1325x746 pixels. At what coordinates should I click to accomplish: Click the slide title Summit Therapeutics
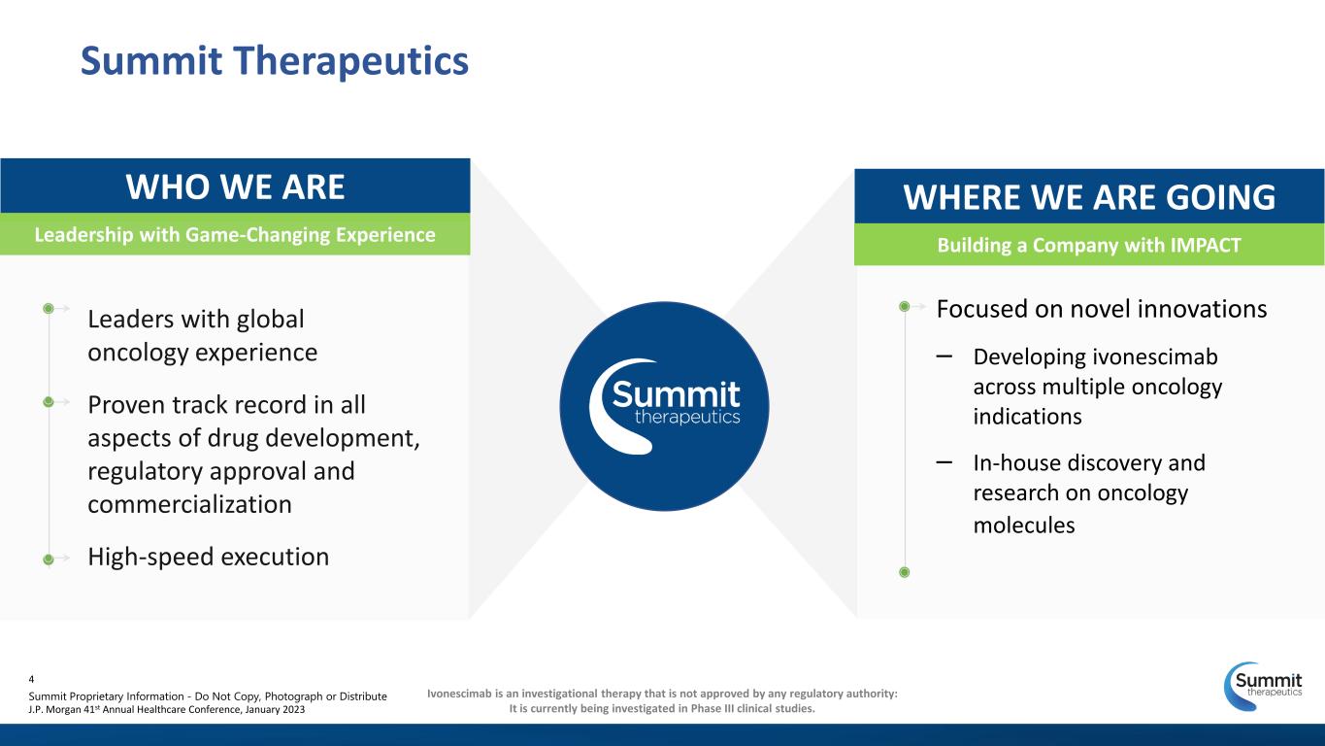pyautogui.click(x=275, y=61)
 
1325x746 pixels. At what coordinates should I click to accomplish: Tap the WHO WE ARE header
pyautogui.click(x=235, y=186)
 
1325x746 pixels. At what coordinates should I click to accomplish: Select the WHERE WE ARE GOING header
pyautogui.click(x=1089, y=196)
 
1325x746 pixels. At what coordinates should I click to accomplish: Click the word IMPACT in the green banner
pyautogui.click(x=1205, y=245)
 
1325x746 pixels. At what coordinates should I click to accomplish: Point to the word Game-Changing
pyautogui.click(x=258, y=234)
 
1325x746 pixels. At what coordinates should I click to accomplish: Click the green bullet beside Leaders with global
pyautogui.click(x=49, y=309)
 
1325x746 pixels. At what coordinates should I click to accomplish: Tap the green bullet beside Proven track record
pyautogui.click(x=49, y=402)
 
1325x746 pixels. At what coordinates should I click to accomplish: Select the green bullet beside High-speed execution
pyautogui.click(x=49, y=559)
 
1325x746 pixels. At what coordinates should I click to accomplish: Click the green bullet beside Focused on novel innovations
pyautogui.click(x=904, y=306)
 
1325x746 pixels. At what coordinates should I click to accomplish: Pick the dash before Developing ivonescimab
pyautogui.click(x=944, y=356)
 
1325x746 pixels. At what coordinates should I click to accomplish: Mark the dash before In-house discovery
pyautogui.click(x=944, y=461)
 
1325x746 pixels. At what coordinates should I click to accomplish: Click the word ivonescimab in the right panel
pyautogui.click(x=1155, y=356)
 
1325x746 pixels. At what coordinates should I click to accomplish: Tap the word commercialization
pyautogui.click(x=189, y=504)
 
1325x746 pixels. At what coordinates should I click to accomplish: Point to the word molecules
pyautogui.click(x=1024, y=526)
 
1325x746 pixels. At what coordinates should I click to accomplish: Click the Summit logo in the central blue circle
pyautogui.click(x=664, y=406)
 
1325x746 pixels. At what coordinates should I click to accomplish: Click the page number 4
pyautogui.click(x=31, y=679)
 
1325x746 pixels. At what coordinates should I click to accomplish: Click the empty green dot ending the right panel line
pyautogui.click(x=904, y=572)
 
